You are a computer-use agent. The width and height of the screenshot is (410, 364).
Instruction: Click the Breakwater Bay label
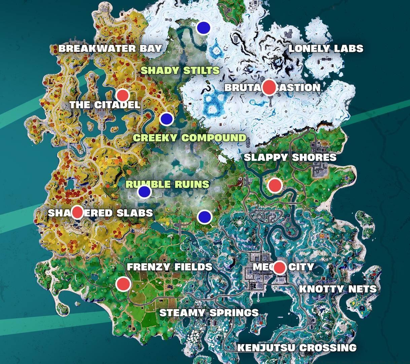[x=110, y=48]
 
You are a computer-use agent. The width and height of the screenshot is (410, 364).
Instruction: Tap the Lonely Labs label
[x=326, y=49]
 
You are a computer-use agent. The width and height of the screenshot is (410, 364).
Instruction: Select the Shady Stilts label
[x=180, y=71]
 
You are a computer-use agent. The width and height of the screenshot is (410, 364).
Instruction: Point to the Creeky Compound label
[x=190, y=138]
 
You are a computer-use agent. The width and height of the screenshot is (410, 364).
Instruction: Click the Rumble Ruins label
[x=167, y=184]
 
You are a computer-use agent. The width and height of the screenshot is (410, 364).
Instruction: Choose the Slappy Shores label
[x=290, y=157]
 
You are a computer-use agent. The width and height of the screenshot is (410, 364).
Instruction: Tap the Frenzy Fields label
[x=169, y=267]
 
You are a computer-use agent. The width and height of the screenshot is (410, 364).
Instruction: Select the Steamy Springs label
[x=209, y=313]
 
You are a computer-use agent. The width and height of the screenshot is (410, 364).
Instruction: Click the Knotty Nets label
[x=338, y=289]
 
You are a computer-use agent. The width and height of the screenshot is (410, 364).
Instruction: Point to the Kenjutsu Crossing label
[x=297, y=348]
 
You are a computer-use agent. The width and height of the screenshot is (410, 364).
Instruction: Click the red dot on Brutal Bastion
[x=269, y=87]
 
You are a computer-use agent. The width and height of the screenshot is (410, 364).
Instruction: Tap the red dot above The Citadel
[x=123, y=95]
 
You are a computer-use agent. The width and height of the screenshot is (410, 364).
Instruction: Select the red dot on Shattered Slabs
[x=77, y=212]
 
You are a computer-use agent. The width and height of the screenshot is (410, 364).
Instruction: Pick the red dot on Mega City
[x=279, y=268]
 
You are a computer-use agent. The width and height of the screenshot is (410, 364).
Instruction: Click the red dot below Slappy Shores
[x=275, y=185]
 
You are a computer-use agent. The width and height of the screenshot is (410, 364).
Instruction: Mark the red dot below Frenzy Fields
[x=123, y=284]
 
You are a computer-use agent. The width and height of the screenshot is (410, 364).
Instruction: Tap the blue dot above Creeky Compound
[x=166, y=119]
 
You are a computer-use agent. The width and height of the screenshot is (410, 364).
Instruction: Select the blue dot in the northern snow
[x=203, y=27]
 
